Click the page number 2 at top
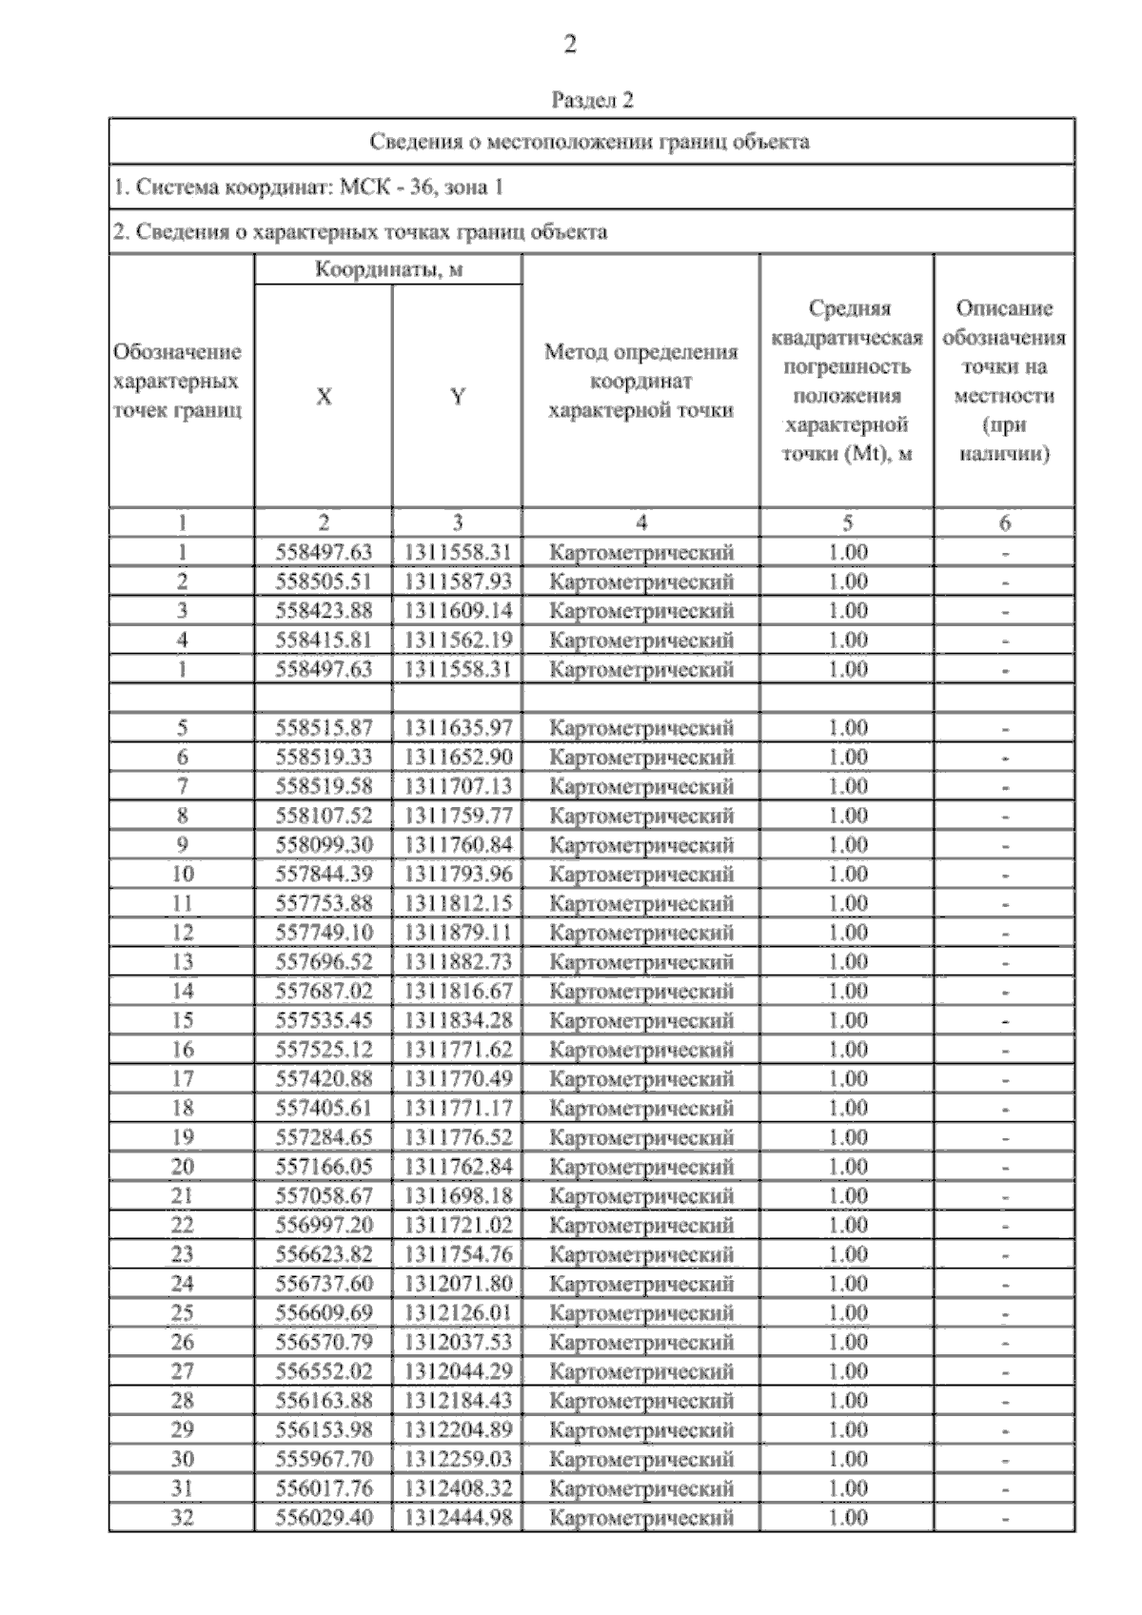click(x=570, y=44)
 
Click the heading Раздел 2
click(x=592, y=100)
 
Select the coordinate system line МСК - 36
click(x=308, y=187)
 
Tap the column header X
click(x=324, y=397)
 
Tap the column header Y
click(x=458, y=397)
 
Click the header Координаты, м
click(x=388, y=269)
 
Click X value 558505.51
click(x=324, y=581)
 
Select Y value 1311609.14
click(x=458, y=611)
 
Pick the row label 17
click(x=182, y=1079)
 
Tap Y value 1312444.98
click(x=458, y=1518)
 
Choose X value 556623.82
click(x=324, y=1254)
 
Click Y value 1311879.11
click(x=458, y=933)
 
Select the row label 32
click(x=182, y=1518)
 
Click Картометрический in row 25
click(x=641, y=1313)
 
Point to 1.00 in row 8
click(x=847, y=816)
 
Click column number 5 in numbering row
click(x=847, y=522)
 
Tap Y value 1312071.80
click(x=458, y=1284)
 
